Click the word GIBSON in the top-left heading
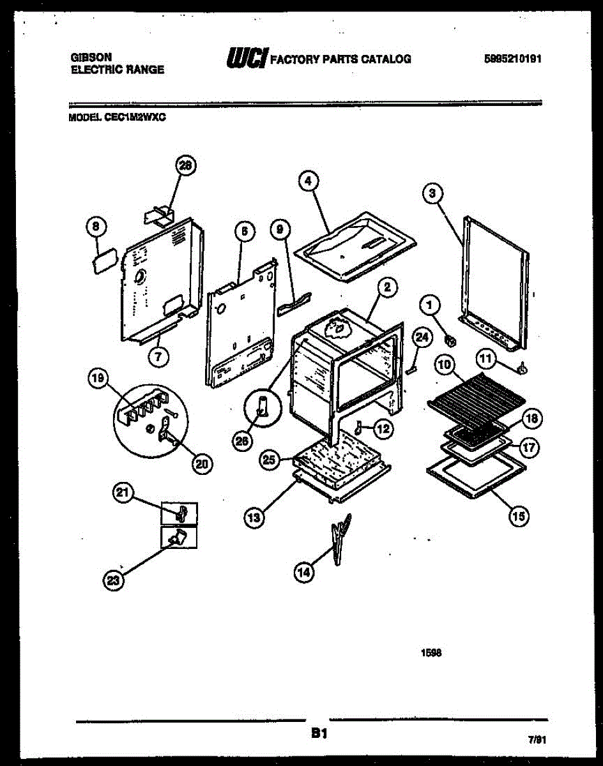pyautogui.click(x=91, y=57)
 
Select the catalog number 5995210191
pyautogui.click(x=512, y=59)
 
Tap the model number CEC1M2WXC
pyautogui.click(x=135, y=117)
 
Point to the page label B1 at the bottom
pyautogui.click(x=319, y=733)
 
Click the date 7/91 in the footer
pyautogui.click(x=537, y=740)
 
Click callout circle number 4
pyautogui.click(x=309, y=181)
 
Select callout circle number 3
pyautogui.click(x=432, y=193)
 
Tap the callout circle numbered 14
pyautogui.click(x=304, y=573)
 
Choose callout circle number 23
pyautogui.click(x=113, y=581)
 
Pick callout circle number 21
pyautogui.click(x=123, y=493)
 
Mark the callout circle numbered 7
pyautogui.click(x=158, y=356)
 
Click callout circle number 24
pyautogui.click(x=422, y=337)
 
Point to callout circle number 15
pyautogui.click(x=519, y=516)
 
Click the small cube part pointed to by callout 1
pyautogui.click(x=450, y=341)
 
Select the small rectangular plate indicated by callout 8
pyautogui.click(x=105, y=261)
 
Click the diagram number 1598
pyautogui.click(x=431, y=653)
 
